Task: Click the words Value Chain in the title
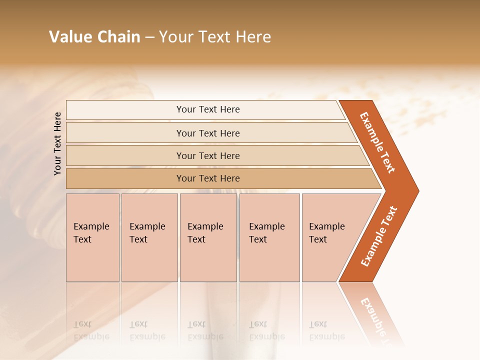[x=94, y=37]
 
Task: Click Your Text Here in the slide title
[x=215, y=37]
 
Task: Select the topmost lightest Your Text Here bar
[x=208, y=109]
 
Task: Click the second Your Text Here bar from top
[x=208, y=133]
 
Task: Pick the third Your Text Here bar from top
[x=208, y=155]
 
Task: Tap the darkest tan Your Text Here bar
[x=208, y=178]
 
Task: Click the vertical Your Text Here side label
[x=58, y=143]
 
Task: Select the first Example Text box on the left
[x=92, y=237]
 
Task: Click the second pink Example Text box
[x=149, y=237]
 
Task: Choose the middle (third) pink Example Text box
[x=208, y=237]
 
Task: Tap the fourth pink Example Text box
[x=269, y=237]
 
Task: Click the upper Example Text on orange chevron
[x=378, y=142]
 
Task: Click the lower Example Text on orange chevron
[x=379, y=236]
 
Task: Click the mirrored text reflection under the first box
[x=91, y=330]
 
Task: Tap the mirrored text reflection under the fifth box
[x=326, y=330]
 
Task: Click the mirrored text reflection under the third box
[x=205, y=330]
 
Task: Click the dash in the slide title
[x=149, y=37]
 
